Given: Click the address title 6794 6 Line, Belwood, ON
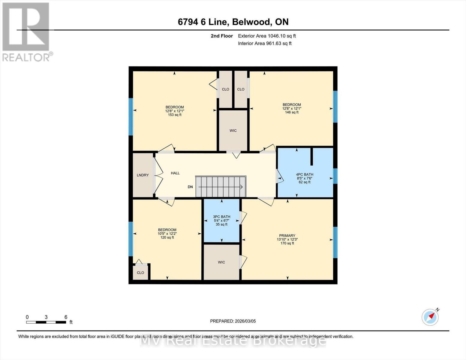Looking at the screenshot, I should (x=233, y=22).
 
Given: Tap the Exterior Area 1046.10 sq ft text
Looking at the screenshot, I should (x=267, y=36).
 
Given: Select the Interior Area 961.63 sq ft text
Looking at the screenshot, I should (x=265, y=43).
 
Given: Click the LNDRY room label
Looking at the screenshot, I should (x=143, y=175).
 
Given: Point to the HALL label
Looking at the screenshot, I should (x=175, y=173).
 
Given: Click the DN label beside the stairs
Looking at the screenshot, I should (x=190, y=187).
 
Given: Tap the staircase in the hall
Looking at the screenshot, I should (x=221, y=187).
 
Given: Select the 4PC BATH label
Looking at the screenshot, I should (x=305, y=175).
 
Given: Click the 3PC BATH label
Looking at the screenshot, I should (x=221, y=217).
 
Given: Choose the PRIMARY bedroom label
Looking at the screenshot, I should (x=287, y=235).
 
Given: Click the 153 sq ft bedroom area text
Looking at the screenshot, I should (x=175, y=115).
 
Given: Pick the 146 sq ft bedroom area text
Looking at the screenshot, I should (x=292, y=112).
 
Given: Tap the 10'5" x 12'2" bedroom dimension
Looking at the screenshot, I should (x=167, y=234).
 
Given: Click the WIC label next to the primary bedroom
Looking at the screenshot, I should (x=221, y=262).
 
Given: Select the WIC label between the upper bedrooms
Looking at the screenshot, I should (x=233, y=130).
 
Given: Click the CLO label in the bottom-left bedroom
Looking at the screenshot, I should (x=140, y=273).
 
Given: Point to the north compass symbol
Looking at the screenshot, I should (x=430, y=317).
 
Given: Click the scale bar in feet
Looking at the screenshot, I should (x=46, y=322).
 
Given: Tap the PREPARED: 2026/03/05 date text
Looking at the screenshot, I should (x=233, y=321).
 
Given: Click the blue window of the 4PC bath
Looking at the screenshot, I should (x=335, y=176).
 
